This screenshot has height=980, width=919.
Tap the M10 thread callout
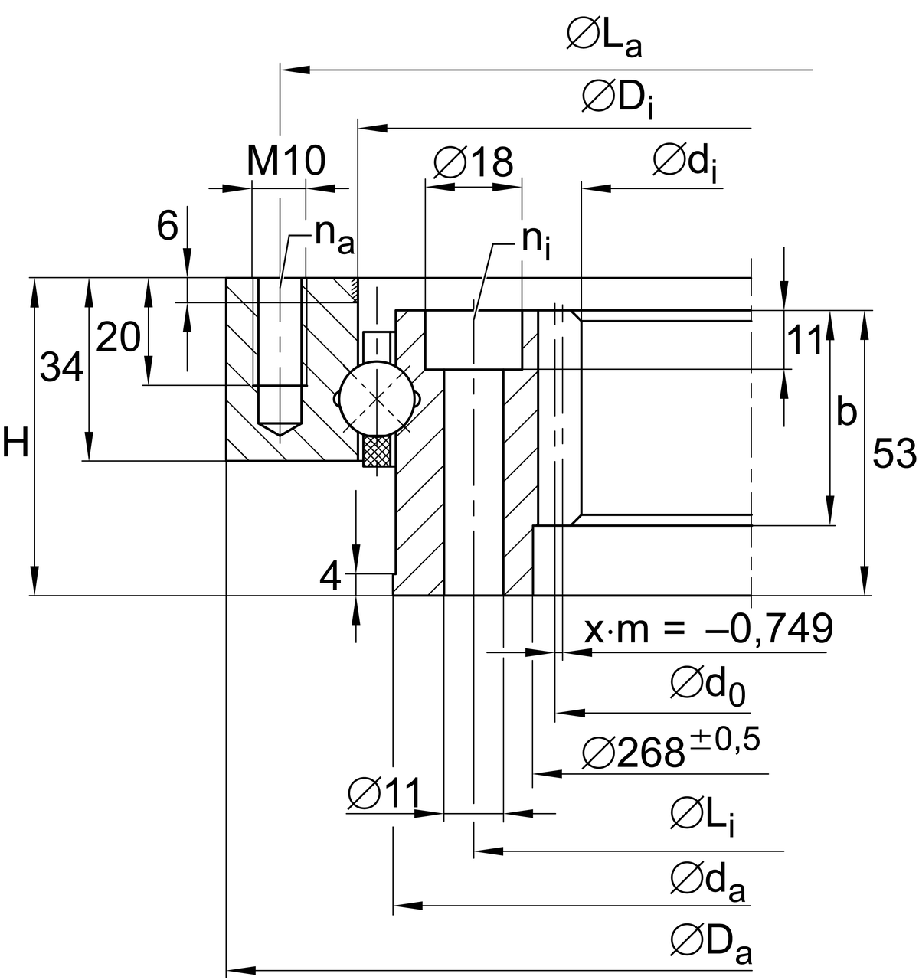(x=286, y=162)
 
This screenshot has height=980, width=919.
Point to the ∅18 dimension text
(x=473, y=162)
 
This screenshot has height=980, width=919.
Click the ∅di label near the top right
(x=685, y=162)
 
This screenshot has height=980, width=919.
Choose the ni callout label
(x=536, y=241)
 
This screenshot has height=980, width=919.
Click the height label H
(x=15, y=444)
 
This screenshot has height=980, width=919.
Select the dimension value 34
(x=61, y=368)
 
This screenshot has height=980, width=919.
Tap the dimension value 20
(x=118, y=338)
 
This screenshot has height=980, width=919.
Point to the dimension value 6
(x=166, y=226)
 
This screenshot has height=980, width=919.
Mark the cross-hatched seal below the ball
(x=377, y=452)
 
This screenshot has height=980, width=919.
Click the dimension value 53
(x=894, y=455)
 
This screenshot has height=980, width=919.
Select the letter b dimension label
(x=845, y=413)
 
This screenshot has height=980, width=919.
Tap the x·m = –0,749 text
(x=708, y=629)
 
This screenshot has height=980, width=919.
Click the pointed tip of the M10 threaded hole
(x=280, y=434)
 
